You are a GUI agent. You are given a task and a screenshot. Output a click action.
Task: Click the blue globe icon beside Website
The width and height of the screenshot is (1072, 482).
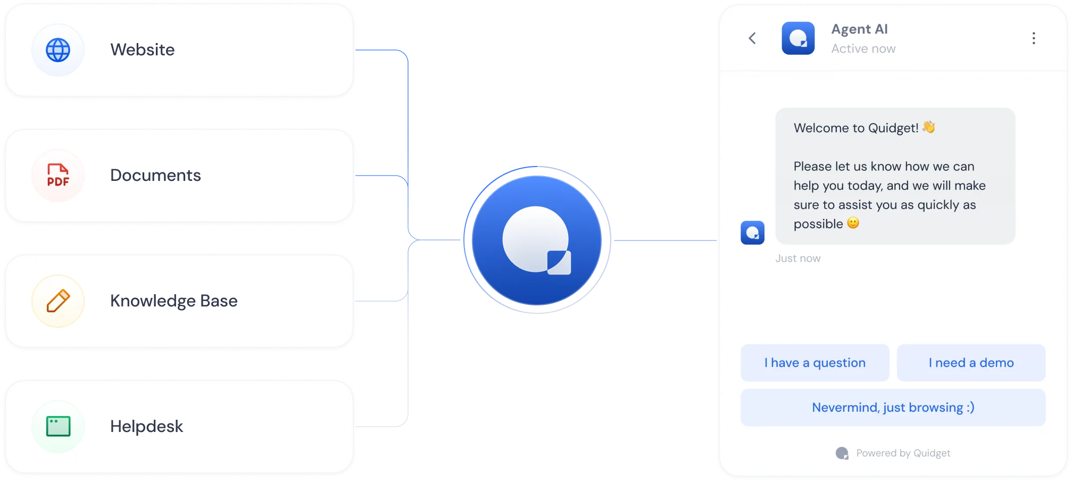pyautogui.click(x=58, y=50)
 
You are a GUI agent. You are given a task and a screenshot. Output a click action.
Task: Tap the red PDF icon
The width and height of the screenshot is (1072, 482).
pyautogui.click(x=58, y=175)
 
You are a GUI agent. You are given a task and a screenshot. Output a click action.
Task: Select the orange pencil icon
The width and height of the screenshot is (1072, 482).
pyautogui.click(x=58, y=301)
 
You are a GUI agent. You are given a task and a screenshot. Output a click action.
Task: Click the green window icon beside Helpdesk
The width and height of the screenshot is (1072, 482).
pyautogui.click(x=58, y=426)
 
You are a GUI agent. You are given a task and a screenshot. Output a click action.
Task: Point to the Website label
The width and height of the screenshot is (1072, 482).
pyautogui.click(x=143, y=49)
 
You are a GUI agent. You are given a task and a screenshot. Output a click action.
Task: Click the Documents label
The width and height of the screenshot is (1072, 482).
pyautogui.click(x=155, y=175)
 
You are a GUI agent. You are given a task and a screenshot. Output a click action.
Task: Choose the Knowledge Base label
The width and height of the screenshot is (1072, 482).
pyautogui.click(x=173, y=301)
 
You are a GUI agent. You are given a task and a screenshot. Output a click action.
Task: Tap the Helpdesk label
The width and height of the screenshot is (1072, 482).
pyautogui.click(x=146, y=426)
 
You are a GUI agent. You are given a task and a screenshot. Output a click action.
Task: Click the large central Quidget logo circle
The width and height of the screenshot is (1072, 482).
pyautogui.click(x=537, y=240)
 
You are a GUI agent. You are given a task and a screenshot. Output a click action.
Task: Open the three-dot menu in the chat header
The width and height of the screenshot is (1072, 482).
pyautogui.click(x=1033, y=38)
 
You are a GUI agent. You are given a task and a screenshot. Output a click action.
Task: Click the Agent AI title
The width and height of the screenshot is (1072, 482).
pyautogui.click(x=859, y=29)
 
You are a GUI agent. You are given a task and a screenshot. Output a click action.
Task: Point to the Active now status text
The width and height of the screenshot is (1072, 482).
pyautogui.click(x=863, y=48)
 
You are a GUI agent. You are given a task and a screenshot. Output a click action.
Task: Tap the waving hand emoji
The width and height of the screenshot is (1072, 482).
pyautogui.click(x=929, y=127)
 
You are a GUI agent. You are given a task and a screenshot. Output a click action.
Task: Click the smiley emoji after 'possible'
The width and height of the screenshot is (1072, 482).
pyautogui.click(x=853, y=223)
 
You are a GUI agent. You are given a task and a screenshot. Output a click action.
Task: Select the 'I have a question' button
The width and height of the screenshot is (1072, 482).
pyautogui.click(x=815, y=363)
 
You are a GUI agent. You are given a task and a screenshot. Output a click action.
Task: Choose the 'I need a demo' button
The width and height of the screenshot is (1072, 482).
pyautogui.click(x=971, y=363)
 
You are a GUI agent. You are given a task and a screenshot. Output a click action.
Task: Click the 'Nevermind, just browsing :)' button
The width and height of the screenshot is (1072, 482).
pyautogui.click(x=893, y=408)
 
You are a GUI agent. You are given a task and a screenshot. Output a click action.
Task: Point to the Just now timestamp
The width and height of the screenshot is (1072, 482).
pyautogui.click(x=797, y=259)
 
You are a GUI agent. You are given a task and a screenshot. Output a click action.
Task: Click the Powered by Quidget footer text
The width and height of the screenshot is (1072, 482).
pyautogui.click(x=903, y=453)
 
